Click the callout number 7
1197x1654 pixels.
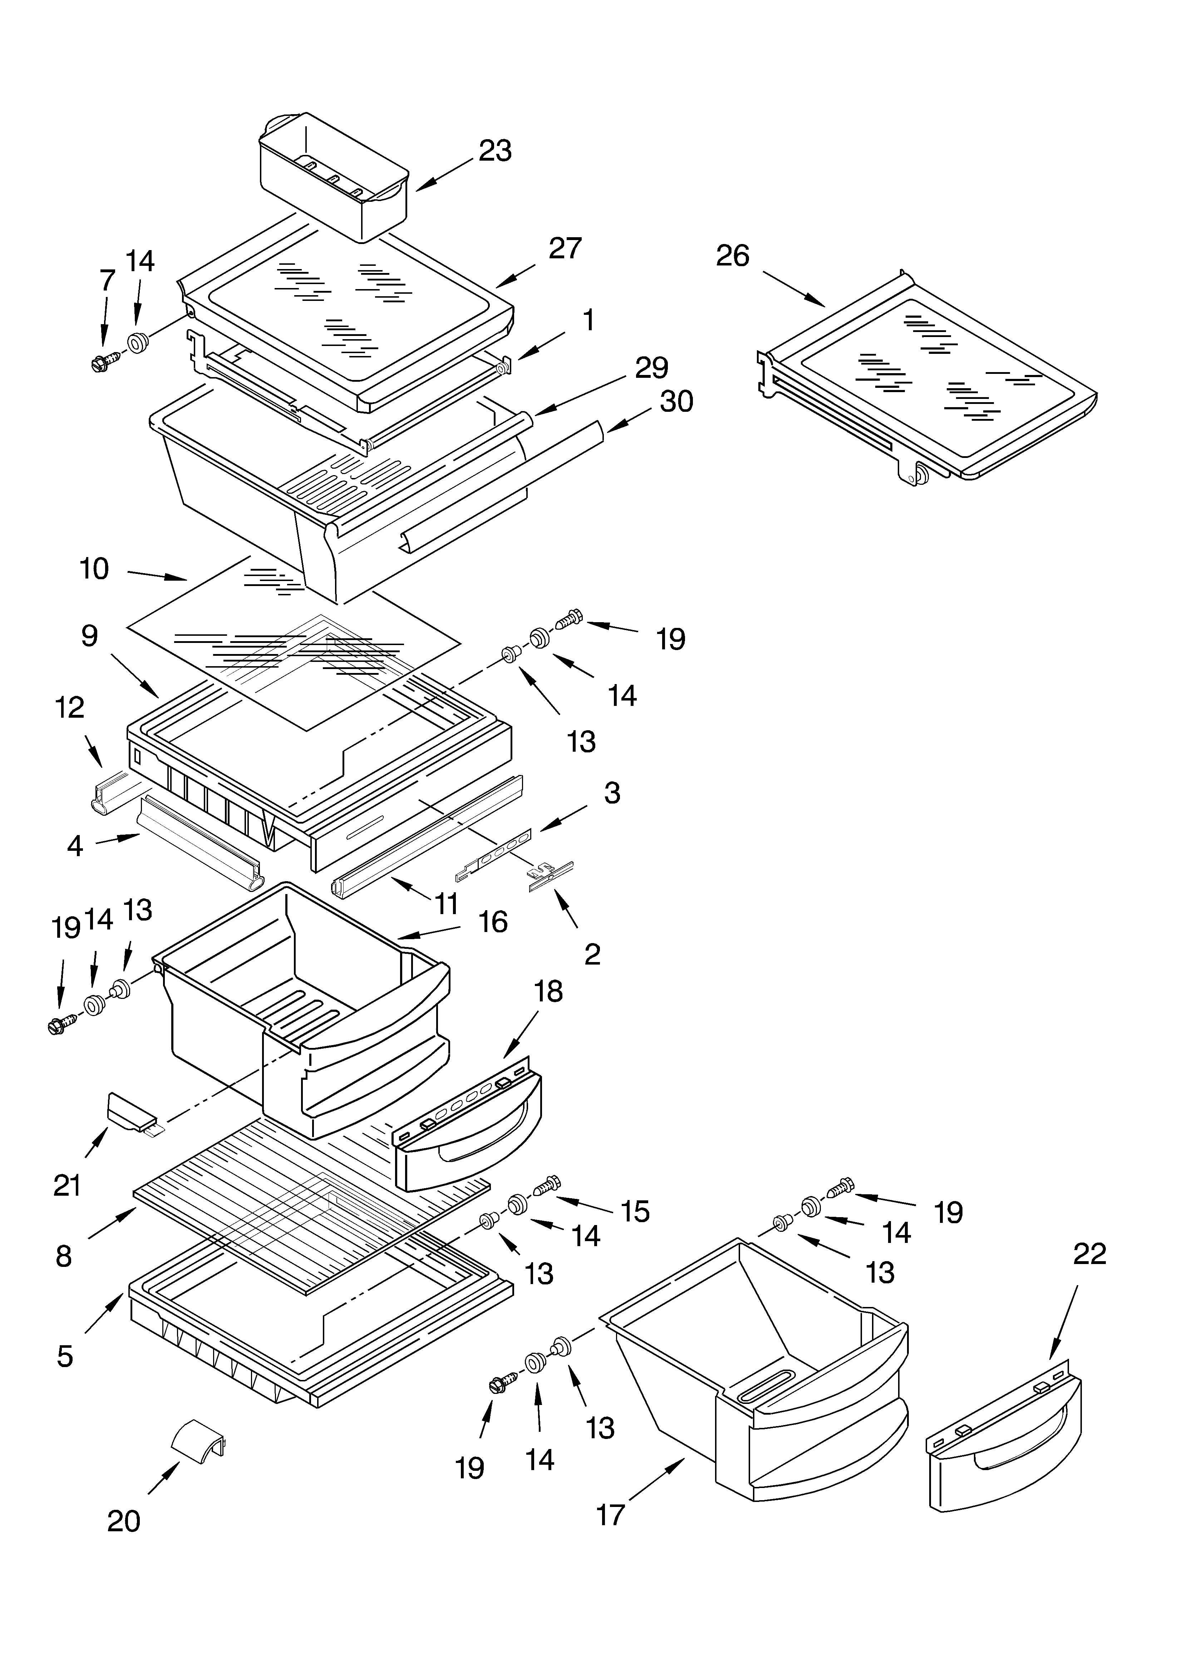coord(107,280)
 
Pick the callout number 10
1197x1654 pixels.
coord(94,569)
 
